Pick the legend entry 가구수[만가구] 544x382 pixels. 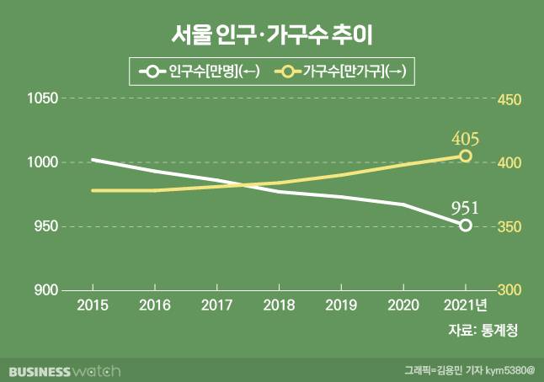(342, 72)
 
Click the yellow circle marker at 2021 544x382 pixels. (465, 156)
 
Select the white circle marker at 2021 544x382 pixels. (465, 225)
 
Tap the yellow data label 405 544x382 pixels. (465, 137)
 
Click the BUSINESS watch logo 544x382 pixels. (66, 370)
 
